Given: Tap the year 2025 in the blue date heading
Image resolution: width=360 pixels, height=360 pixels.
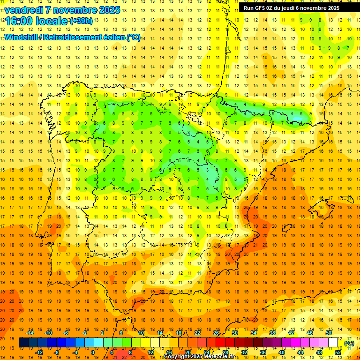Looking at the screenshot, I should (x=109, y=10).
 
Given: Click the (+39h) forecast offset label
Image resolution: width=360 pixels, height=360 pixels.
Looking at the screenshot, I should (x=81, y=21).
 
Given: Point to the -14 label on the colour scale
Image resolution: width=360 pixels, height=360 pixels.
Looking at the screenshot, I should (x=30, y=333).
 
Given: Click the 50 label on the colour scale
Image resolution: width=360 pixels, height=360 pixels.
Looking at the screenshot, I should (x=329, y=333).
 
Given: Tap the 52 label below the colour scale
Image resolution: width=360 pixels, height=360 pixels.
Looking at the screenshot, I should (x=338, y=352).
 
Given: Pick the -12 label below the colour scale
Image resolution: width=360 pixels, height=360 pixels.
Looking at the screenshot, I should (x=39, y=352).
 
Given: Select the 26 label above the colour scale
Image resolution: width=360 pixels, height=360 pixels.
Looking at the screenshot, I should (x=216, y=333).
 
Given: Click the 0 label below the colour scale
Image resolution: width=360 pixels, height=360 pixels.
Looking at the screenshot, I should (x=93, y=352).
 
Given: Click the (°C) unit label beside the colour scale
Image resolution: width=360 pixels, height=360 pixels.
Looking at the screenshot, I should (x=349, y=343).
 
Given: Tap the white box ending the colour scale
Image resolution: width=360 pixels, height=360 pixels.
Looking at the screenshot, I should (x=333, y=343).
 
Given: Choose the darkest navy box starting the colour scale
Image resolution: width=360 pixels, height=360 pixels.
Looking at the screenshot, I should (x=23, y=343).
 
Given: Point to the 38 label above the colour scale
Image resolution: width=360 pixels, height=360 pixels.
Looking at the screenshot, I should (x=272, y=333).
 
